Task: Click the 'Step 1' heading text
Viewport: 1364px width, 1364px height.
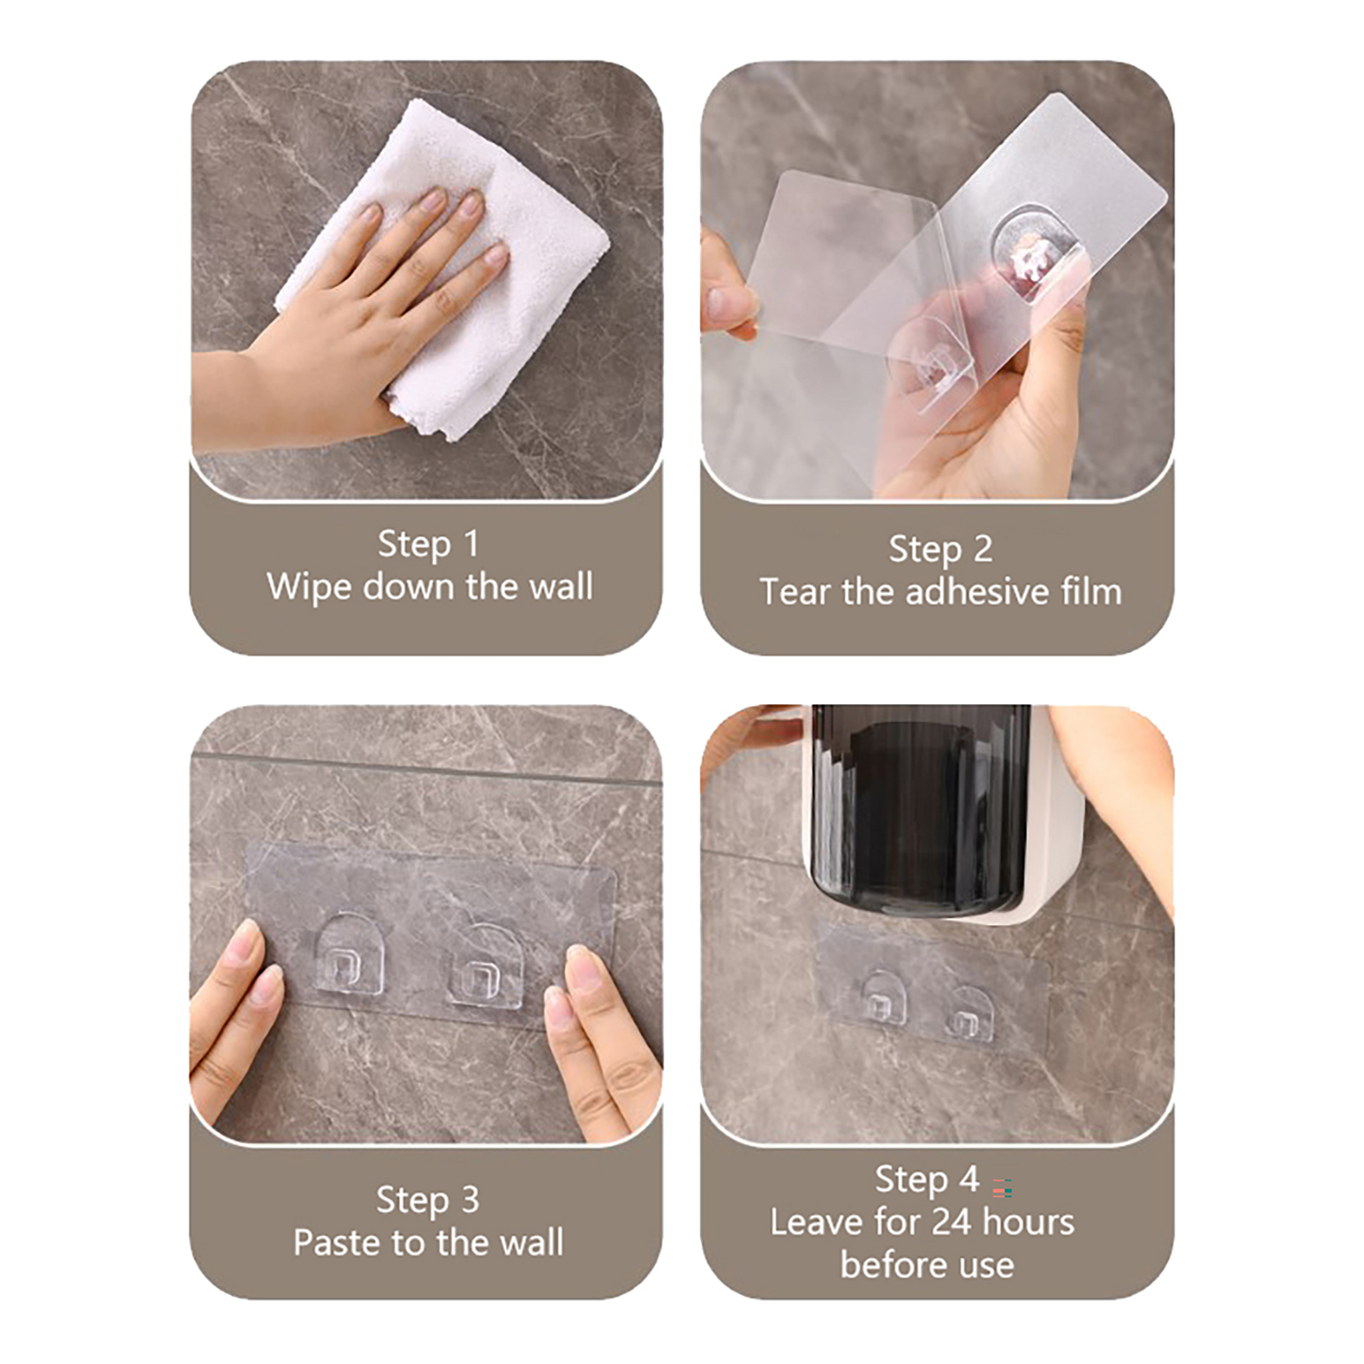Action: point(428,545)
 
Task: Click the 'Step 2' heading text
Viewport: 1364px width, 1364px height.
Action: point(940,550)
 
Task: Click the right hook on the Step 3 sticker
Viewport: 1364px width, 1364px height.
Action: point(484,967)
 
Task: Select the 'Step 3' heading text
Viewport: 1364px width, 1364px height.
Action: point(428,1200)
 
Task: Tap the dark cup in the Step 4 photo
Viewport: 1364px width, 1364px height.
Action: point(919,810)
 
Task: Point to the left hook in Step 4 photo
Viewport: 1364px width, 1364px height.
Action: point(878,996)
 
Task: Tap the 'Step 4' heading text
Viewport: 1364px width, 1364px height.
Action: point(927,1181)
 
